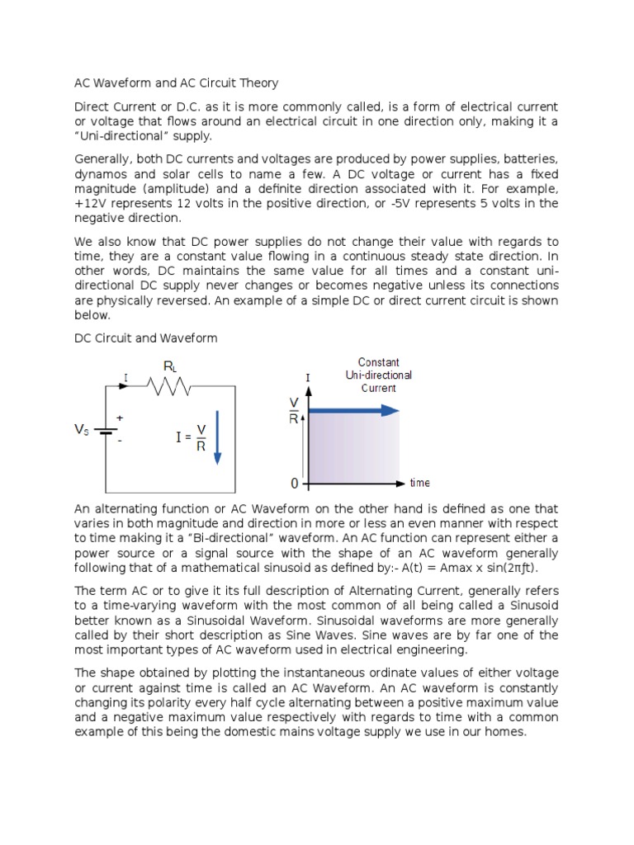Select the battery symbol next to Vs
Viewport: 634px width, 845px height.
(x=106, y=430)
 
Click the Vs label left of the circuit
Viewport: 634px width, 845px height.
(x=83, y=430)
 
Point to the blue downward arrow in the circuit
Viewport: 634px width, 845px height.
(x=218, y=437)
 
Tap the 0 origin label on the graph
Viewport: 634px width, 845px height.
(x=296, y=483)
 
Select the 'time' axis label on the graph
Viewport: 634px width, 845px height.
(x=419, y=483)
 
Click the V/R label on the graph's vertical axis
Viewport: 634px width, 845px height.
(x=294, y=409)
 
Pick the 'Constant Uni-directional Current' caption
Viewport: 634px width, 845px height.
(x=378, y=375)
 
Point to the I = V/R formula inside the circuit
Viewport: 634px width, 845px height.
(x=191, y=437)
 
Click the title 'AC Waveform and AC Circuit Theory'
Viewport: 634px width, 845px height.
(x=177, y=83)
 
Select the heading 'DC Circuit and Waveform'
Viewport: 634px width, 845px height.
(x=146, y=338)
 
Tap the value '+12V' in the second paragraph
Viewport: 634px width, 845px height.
(x=92, y=203)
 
